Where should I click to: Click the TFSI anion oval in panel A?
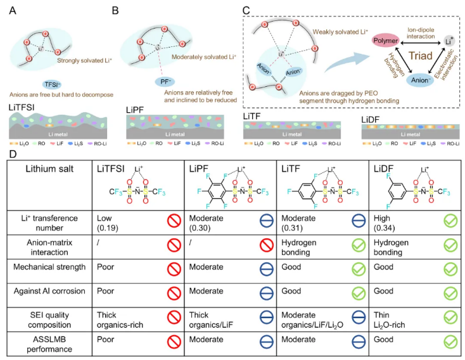click(x=56, y=84)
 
